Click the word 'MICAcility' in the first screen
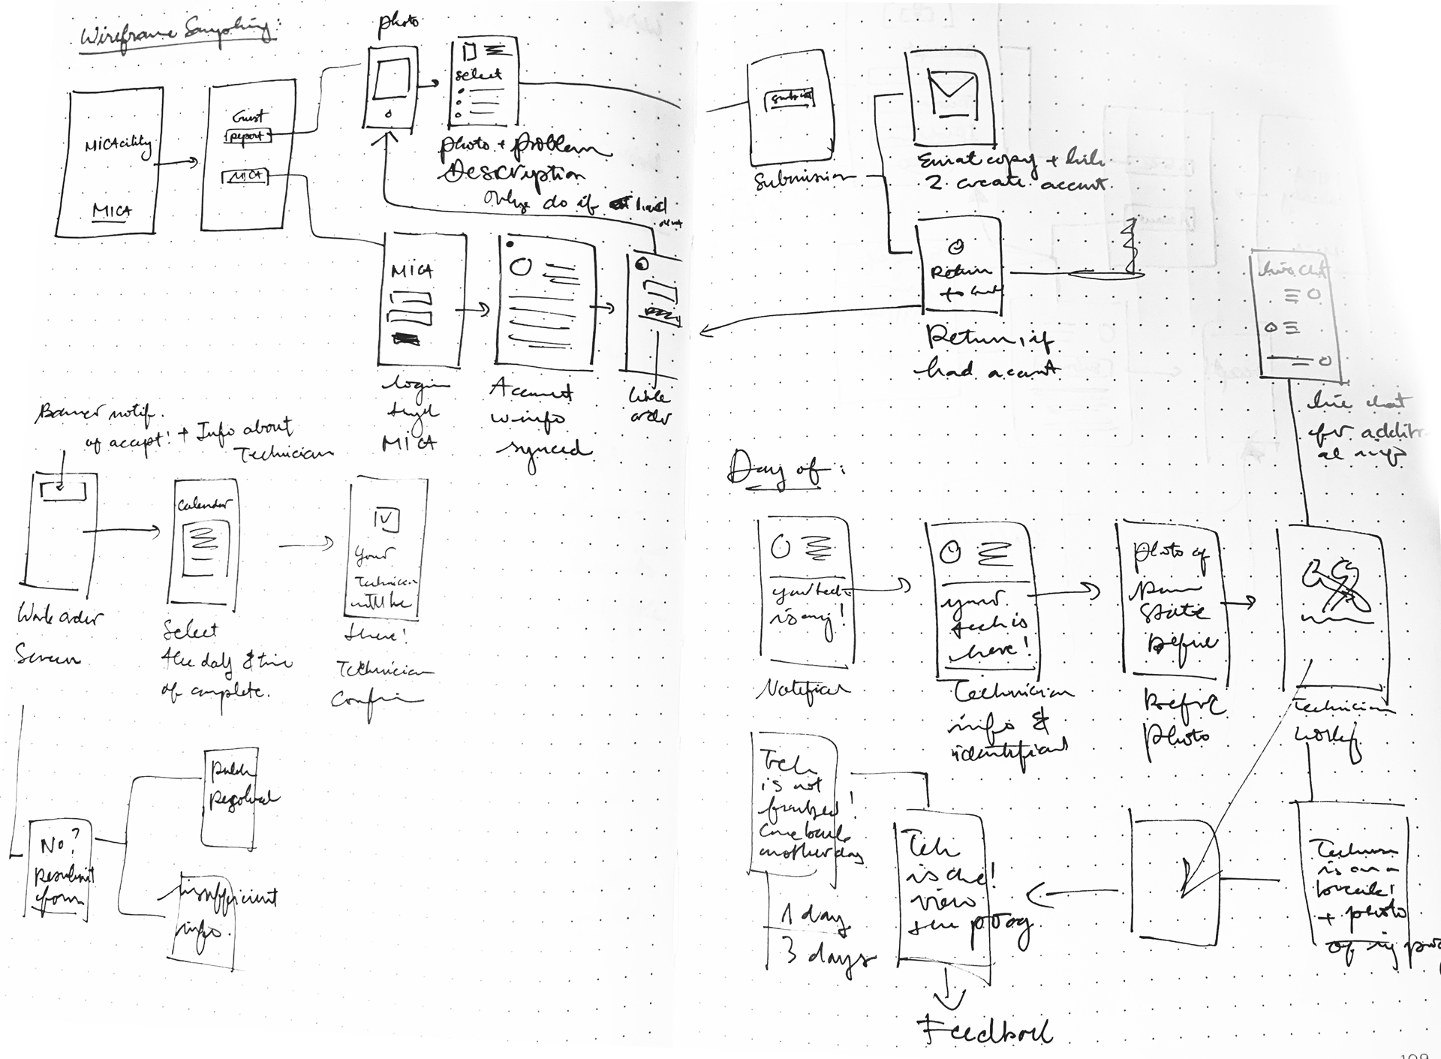click(119, 145)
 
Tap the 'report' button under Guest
click(247, 137)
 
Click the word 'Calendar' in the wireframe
click(203, 505)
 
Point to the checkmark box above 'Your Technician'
click(386, 520)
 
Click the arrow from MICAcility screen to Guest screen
click(178, 161)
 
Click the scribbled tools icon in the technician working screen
click(1336, 586)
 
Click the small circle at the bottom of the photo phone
click(388, 114)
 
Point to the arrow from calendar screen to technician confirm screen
click(306, 544)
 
